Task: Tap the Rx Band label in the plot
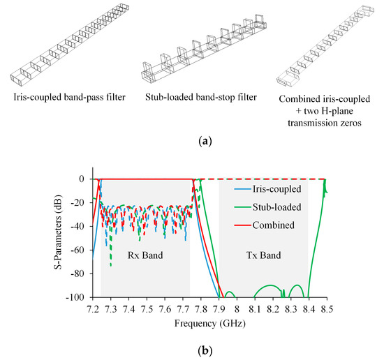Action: pos(145,255)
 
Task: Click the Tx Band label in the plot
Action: pos(264,255)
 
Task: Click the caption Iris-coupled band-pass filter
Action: pos(63,95)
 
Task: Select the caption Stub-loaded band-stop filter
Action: pos(195,95)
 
